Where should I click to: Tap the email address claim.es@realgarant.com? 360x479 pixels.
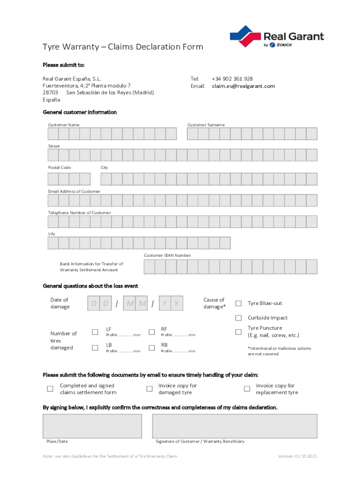click(243, 86)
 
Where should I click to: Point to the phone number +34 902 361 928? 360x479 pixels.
click(232, 79)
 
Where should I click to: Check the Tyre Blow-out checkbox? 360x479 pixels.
click(238, 304)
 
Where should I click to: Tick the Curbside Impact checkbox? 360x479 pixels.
click(238, 318)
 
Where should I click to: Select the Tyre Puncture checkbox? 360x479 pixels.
click(238, 332)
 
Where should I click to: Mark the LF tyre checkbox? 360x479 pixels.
click(95, 332)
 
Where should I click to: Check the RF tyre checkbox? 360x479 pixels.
click(151, 332)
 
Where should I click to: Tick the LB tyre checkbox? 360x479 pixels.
click(95, 348)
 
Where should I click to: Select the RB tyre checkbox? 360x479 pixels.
click(151, 348)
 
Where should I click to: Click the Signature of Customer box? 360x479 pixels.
click(234, 426)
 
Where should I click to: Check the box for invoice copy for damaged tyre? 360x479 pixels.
click(150, 389)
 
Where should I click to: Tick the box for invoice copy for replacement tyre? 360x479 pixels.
click(247, 389)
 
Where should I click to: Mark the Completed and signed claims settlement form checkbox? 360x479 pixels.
click(50, 389)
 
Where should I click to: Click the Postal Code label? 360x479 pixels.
click(59, 167)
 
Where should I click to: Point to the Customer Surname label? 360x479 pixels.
click(206, 125)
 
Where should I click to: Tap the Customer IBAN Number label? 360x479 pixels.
click(167, 255)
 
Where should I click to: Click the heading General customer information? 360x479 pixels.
click(80, 112)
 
